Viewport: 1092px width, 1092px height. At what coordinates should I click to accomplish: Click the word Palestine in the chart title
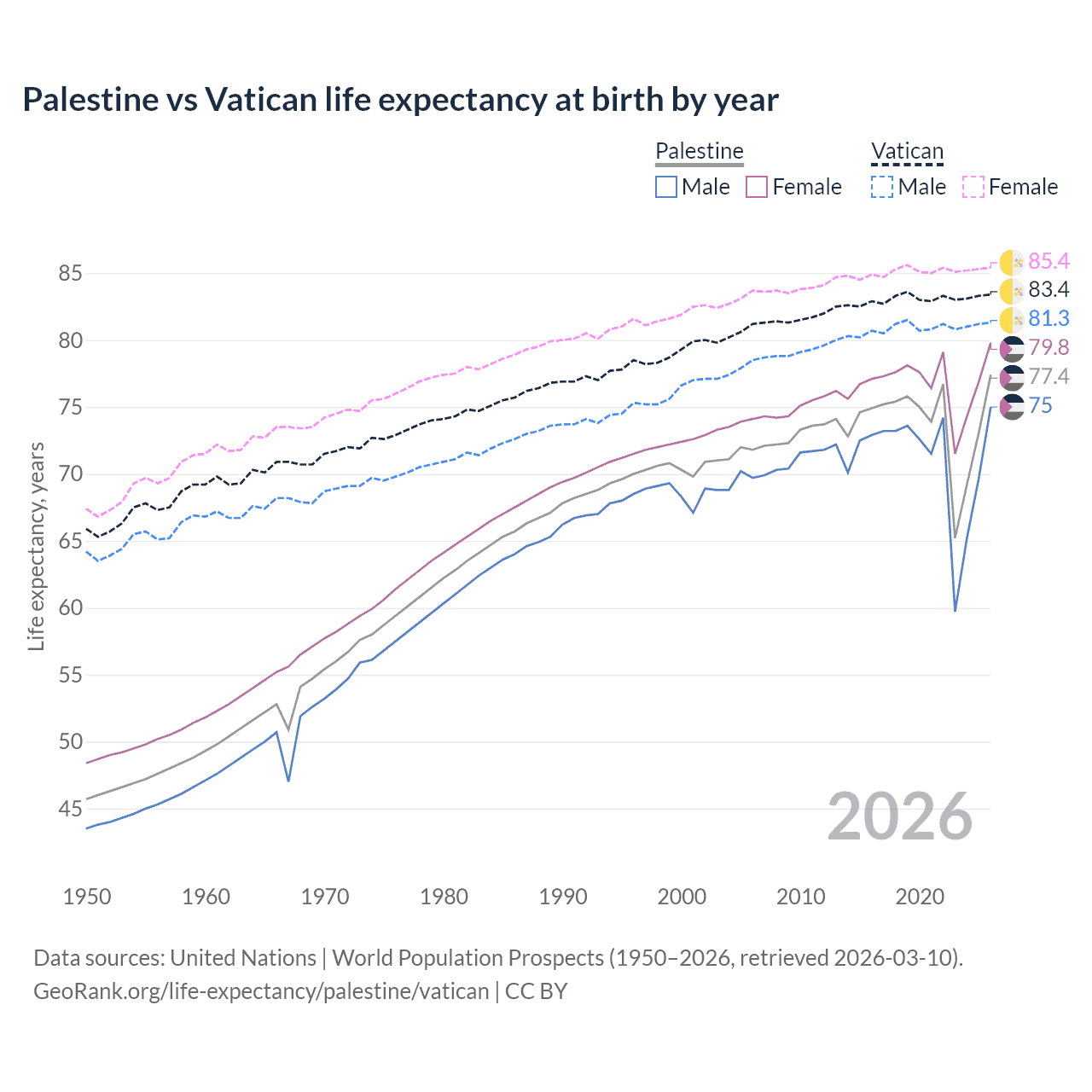(x=90, y=100)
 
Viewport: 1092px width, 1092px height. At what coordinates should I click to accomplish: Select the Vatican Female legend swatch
(x=973, y=187)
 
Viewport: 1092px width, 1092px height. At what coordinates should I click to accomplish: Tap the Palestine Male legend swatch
(x=666, y=187)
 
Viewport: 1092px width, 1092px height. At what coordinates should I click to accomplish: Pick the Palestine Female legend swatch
(x=758, y=187)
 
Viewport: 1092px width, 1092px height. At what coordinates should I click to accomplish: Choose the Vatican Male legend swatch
(x=883, y=187)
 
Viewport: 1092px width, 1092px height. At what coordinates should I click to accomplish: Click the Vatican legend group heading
(x=907, y=152)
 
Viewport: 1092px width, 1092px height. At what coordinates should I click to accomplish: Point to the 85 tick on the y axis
(x=70, y=274)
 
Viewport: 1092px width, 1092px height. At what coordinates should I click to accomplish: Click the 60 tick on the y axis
(x=70, y=608)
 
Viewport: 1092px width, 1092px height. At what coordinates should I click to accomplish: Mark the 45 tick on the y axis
(x=70, y=809)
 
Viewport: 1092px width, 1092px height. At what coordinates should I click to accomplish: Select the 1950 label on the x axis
(x=87, y=897)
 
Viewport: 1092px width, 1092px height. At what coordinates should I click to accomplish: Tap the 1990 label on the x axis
(x=563, y=897)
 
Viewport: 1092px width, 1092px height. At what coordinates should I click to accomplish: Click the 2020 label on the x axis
(x=920, y=897)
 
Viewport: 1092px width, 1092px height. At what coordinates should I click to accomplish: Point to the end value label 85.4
(x=1048, y=261)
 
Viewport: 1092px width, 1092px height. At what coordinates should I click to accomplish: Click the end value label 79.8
(x=1048, y=348)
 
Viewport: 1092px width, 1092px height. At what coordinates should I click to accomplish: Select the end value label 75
(x=1040, y=406)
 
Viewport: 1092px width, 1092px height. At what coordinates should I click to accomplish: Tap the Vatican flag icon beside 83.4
(x=1012, y=291)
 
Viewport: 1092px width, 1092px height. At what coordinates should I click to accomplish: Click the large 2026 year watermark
(x=900, y=816)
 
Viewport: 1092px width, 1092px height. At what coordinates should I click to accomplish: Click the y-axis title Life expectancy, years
(x=36, y=546)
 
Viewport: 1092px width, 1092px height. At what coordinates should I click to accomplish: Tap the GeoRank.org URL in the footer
(x=261, y=991)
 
